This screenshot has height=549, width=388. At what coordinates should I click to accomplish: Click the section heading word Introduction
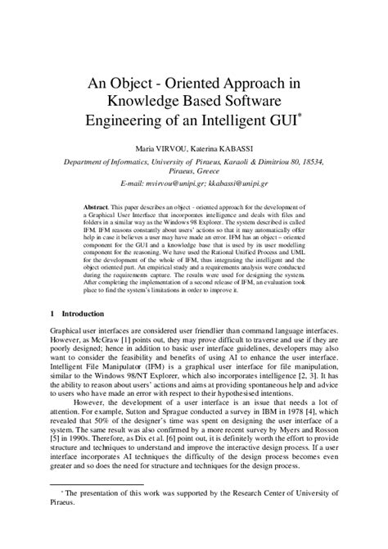(83, 314)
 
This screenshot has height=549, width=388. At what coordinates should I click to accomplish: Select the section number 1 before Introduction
(52, 314)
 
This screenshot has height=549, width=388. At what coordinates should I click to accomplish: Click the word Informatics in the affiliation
(133, 161)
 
